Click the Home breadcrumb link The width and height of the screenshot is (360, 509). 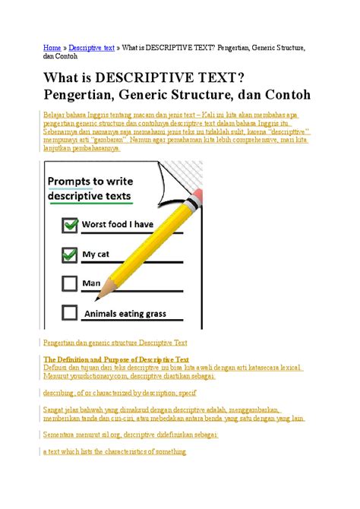(x=51, y=47)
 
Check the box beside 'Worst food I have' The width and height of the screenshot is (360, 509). (x=70, y=225)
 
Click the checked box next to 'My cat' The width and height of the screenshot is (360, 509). (x=70, y=254)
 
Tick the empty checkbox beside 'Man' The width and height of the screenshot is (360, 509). (x=70, y=283)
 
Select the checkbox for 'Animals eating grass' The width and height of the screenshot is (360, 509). (x=70, y=312)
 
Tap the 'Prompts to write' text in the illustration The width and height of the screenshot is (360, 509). (x=90, y=182)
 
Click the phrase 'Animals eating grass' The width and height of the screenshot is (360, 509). (x=126, y=312)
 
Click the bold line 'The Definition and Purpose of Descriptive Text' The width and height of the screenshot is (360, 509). (x=116, y=359)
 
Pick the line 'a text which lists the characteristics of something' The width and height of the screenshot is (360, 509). (x=115, y=451)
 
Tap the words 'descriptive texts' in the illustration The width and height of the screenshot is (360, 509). (x=90, y=196)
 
